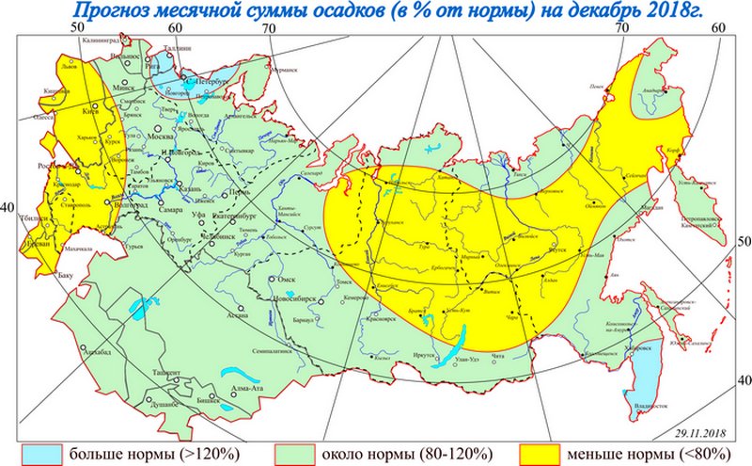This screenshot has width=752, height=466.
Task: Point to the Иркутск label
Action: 424,356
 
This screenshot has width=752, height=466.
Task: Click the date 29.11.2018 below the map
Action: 701,431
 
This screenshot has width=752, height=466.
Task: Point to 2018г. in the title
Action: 680,11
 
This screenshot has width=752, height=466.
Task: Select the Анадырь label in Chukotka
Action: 652,91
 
